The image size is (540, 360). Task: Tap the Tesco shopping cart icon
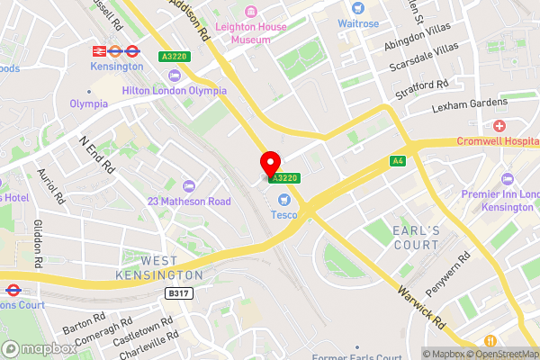tap(284, 200)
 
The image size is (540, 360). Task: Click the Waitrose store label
tap(358, 22)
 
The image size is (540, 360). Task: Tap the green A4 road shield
tap(397, 161)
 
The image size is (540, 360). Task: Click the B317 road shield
tap(179, 293)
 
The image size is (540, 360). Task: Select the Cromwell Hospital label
tap(498, 141)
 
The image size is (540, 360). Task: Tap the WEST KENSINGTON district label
tap(159, 267)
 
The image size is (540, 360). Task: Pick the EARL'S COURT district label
tap(416, 238)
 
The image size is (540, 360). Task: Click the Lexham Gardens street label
tap(470, 104)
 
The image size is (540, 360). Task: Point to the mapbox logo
tap(40, 348)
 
